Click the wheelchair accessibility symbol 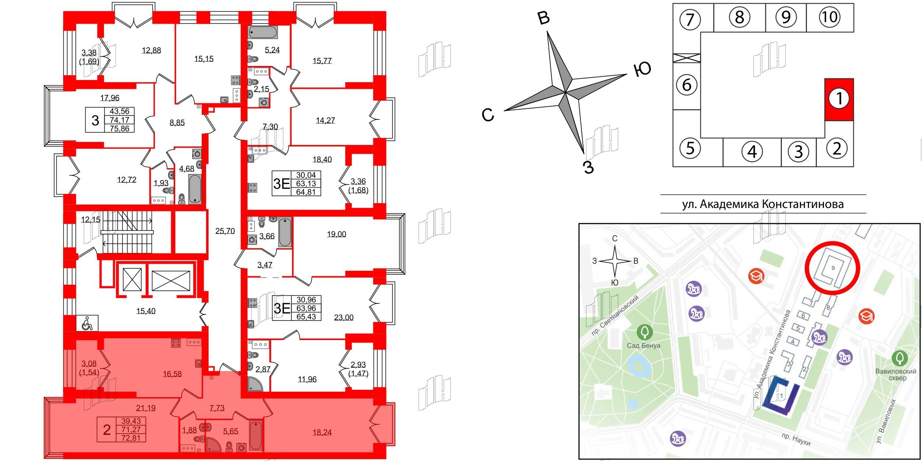click(87, 323)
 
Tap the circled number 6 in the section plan click(686, 85)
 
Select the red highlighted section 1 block click(839, 99)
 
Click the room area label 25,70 click(225, 231)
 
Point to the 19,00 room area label click(336, 234)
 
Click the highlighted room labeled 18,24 click(322, 432)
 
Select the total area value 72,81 click(131, 438)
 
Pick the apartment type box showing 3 click(95, 120)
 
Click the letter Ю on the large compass click(642, 69)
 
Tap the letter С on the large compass click(488, 115)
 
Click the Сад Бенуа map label click(644, 346)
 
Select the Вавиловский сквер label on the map click(895, 374)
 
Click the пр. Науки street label click(796, 439)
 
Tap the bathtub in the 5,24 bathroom click(263, 32)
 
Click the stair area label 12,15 click(90, 219)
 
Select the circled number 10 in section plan click(829, 17)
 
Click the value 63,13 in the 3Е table click(306, 183)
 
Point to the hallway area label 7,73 click(217, 408)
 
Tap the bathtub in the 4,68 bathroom click(195, 188)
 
